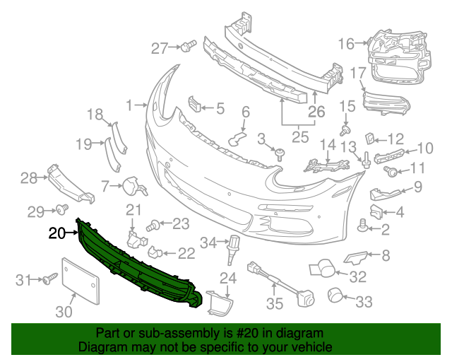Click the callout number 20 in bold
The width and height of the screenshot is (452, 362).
[56, 232]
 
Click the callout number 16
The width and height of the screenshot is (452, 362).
[345, 44]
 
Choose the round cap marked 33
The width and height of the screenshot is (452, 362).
[335, 295]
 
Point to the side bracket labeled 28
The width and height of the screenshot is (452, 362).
[67, 183]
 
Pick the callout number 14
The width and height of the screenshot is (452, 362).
[327, 146]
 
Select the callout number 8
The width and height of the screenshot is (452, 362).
[386, 254]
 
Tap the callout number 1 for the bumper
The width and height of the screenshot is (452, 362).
[129, 105]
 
